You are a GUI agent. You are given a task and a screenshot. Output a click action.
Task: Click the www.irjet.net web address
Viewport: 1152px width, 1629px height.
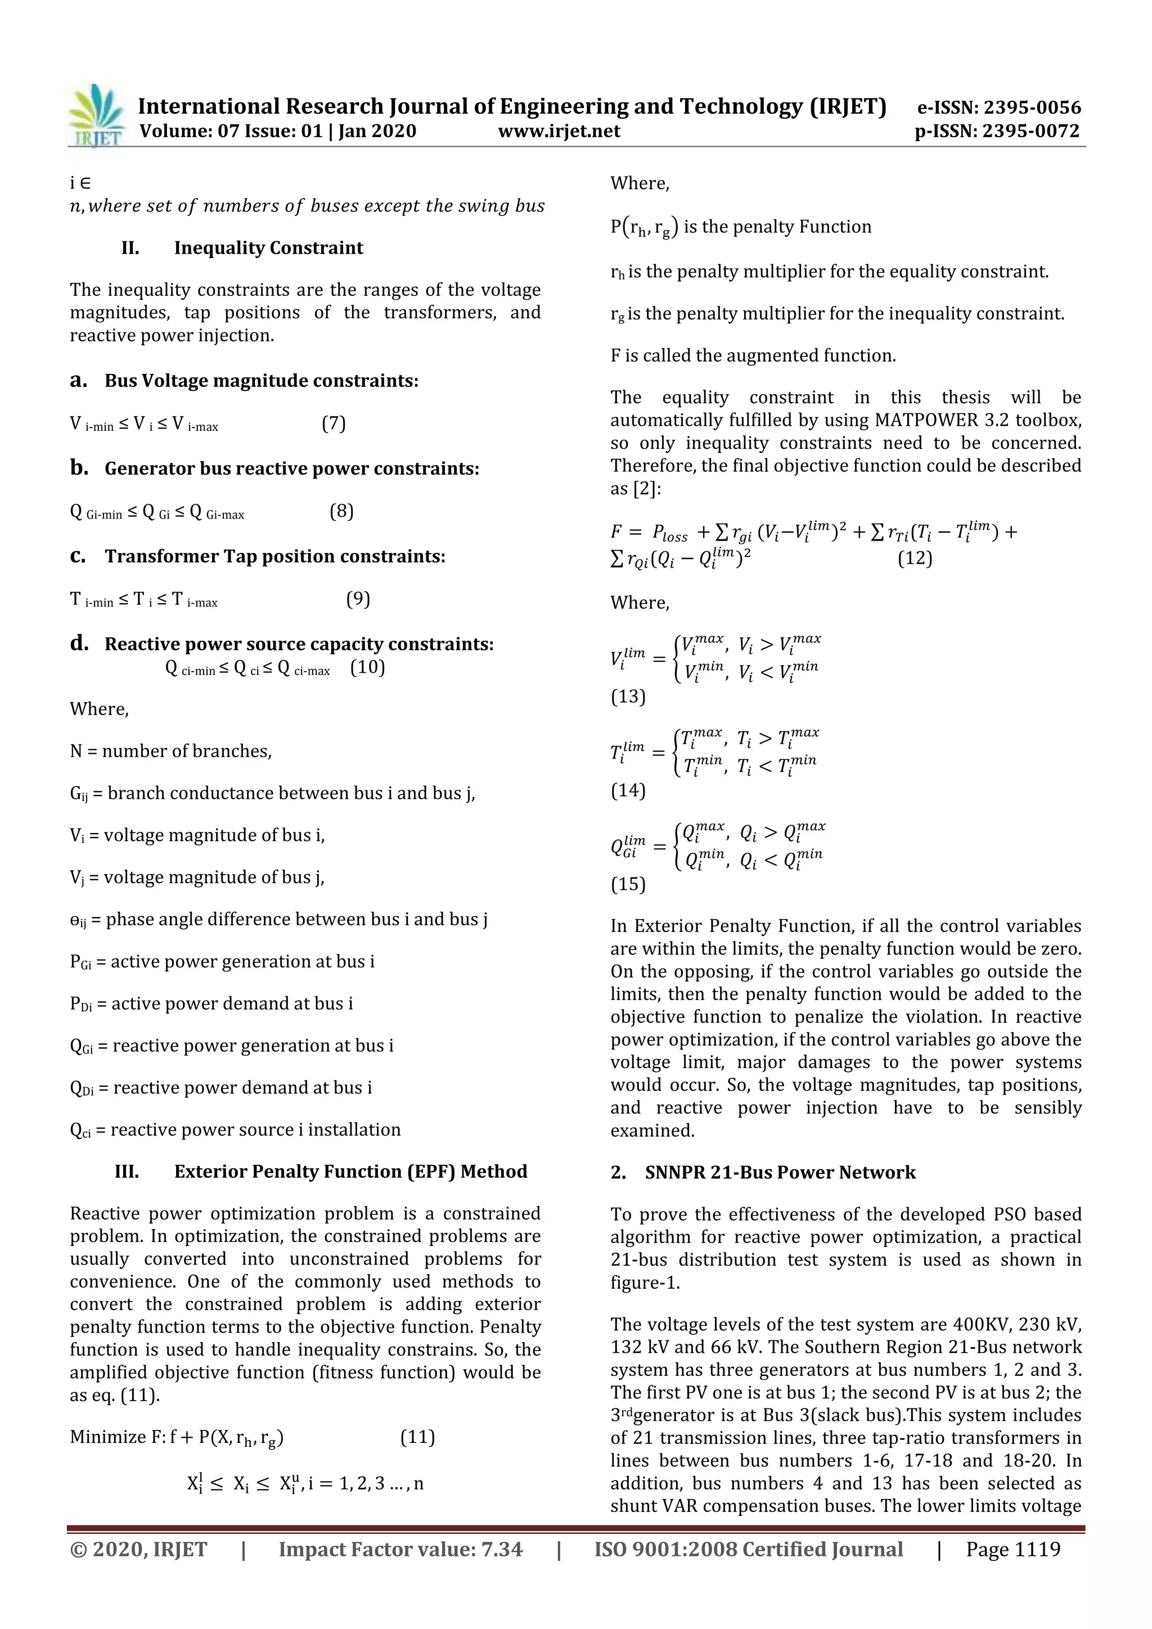coord(559,130)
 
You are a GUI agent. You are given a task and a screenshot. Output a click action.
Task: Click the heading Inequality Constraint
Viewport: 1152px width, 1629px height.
coord(268,247)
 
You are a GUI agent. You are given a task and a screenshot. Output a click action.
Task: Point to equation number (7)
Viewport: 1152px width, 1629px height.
coord(334,424)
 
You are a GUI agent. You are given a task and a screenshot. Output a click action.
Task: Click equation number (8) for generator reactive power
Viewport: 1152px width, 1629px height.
coord(341,511)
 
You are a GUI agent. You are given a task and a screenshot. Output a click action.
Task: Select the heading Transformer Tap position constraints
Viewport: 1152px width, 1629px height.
coord(274,556)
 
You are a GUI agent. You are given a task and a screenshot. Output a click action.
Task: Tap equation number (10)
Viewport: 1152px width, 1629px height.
coord(367,668)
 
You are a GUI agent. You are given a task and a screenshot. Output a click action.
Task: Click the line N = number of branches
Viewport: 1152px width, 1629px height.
coord(171,751)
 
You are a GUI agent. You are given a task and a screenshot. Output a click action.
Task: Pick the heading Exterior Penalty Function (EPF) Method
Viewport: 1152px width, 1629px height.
coord(350,1171)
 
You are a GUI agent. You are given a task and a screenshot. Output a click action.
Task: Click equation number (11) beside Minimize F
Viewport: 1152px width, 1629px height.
coord(417,1437)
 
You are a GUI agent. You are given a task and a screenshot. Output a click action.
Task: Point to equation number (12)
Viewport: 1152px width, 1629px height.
coord(915,559)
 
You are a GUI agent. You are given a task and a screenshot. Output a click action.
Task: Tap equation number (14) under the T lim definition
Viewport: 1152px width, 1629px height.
coord(628,790)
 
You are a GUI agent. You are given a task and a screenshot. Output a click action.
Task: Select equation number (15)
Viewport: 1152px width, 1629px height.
coord(628,884)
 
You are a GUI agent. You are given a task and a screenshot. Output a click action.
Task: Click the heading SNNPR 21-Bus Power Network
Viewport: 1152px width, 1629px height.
coord(780,1172)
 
